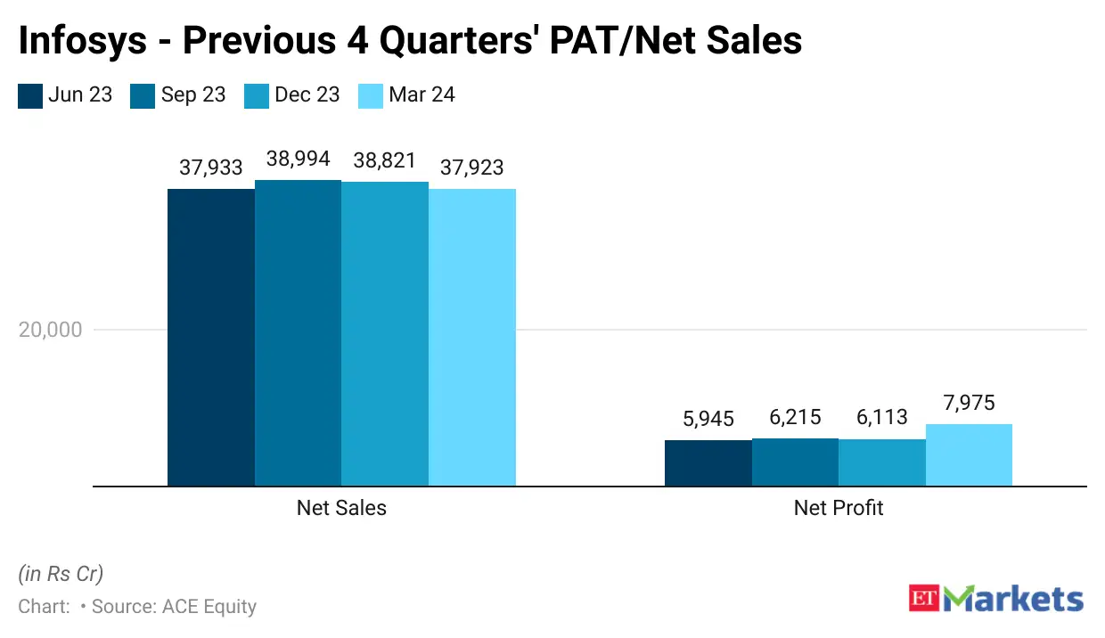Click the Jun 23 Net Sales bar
[211, 338]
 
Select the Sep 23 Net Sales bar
[298, 333]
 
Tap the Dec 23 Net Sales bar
[385, 334]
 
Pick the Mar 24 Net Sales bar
[472, 338]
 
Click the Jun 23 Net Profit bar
[708, 463]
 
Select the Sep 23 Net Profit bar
[795, 462]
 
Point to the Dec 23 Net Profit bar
[882, 462]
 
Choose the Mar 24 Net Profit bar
[969, 455]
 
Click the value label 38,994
[298, 159]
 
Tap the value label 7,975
[969, 403]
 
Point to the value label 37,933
[211, 168]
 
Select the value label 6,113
[882, 417]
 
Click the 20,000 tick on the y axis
[50, 330]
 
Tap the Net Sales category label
[341, 508]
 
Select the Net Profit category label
[839, 508]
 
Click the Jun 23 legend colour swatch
[30, 95]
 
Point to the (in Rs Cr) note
[61, 573]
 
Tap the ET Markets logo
[996, 598]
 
